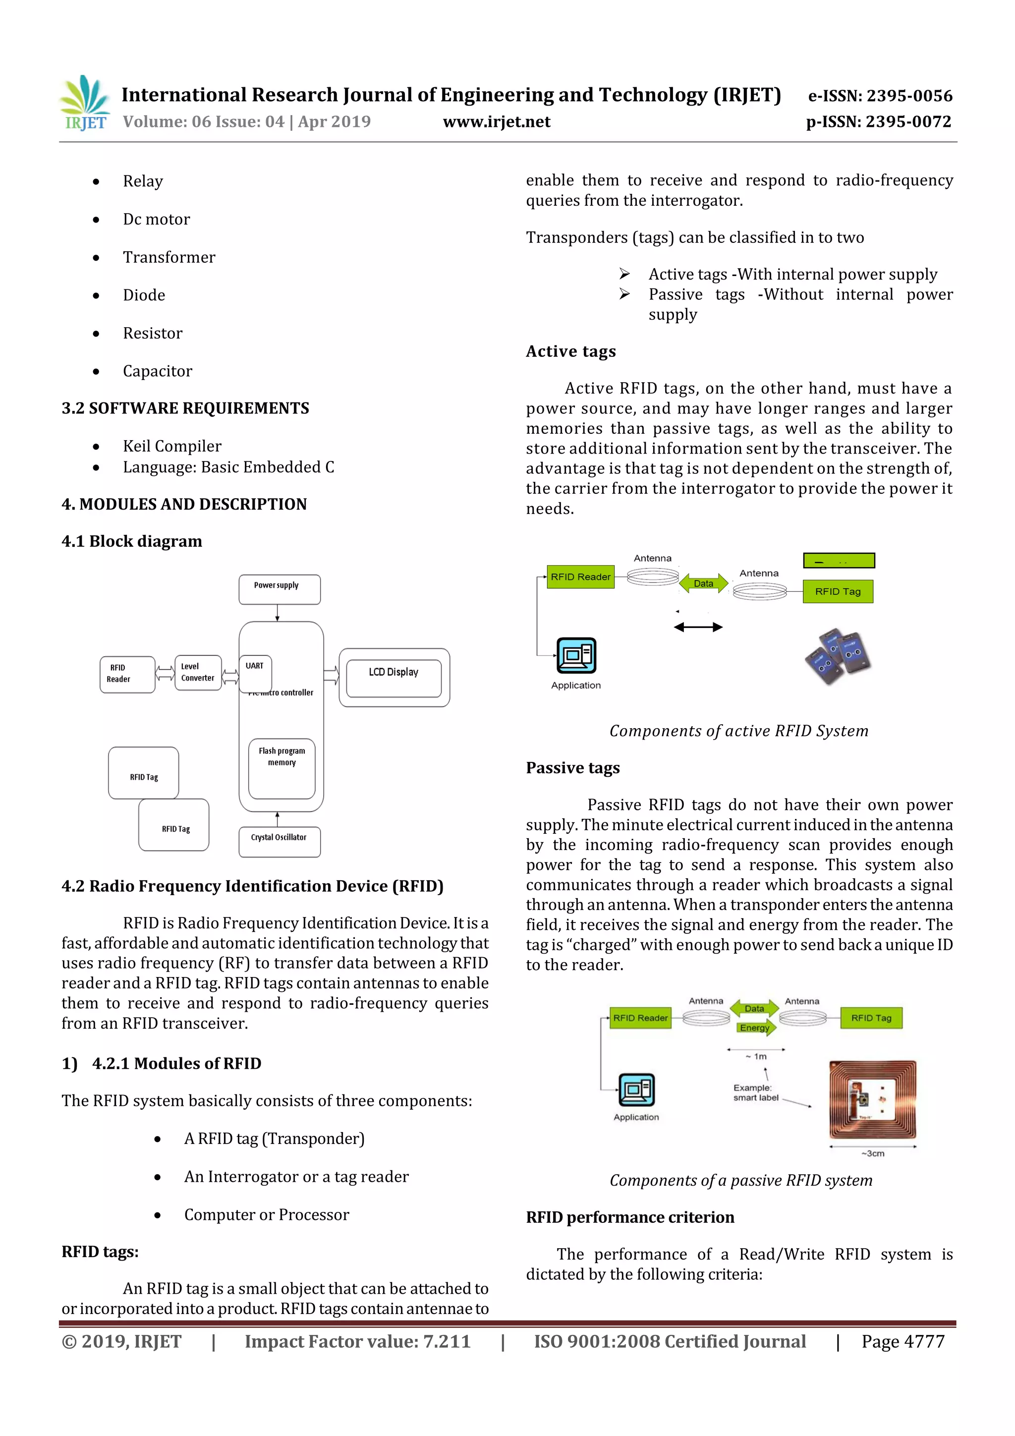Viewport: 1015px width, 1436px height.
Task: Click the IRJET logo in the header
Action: click(x=84, y=103)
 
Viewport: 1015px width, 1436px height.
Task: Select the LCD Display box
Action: click(x=394, y=677)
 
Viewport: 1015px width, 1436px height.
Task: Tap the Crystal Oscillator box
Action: click(x=279, y=841)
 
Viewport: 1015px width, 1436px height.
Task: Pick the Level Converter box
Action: click(x=198, y=672)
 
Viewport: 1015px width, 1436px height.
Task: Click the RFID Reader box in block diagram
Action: click(x=127, y=674)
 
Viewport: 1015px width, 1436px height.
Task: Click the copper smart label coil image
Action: click(x=872, y=1099)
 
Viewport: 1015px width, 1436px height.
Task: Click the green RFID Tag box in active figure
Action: click(x=838, y=591)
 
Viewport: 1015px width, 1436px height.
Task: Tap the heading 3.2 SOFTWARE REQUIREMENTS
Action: click(x=185, y=408)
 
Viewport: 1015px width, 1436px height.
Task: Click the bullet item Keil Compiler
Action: click(x=172, y=446)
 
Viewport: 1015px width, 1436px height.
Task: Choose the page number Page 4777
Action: click(x=902, y=1341)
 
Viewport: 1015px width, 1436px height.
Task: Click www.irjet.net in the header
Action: click(x=497, y=121)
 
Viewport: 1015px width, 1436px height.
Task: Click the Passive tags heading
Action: click(x=572, y=767)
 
